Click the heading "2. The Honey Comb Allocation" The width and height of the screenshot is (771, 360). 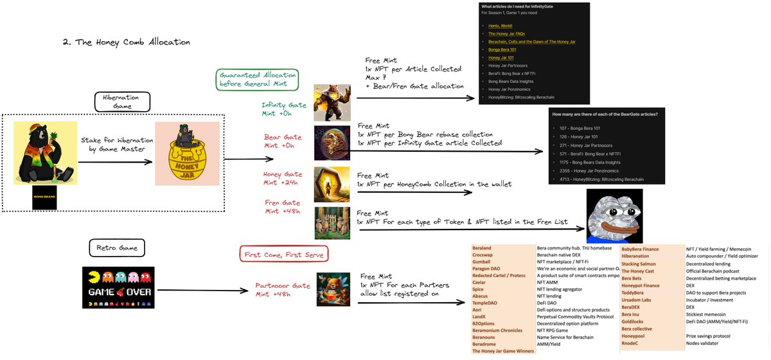point(126,42)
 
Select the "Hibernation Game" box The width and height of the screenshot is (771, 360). point(121,101)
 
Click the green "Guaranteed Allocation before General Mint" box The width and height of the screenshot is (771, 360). point(258,78)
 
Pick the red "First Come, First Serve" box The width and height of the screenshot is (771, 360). point(284,255)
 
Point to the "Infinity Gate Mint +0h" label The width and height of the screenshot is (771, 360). point(284,109)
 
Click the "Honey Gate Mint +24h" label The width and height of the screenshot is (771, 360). point(283,178)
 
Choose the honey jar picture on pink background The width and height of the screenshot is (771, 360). point(183,154)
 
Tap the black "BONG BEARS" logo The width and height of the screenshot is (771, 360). point(44,199)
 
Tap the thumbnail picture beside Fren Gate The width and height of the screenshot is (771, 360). point(332,222)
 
